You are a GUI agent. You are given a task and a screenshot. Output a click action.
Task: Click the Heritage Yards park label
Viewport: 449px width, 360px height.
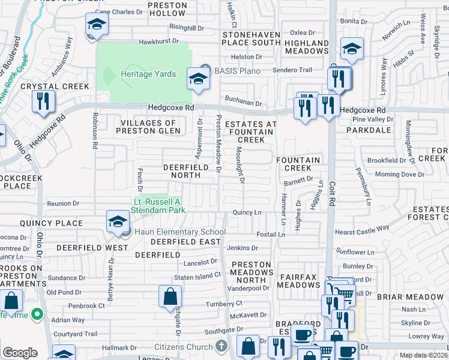pos(148,74)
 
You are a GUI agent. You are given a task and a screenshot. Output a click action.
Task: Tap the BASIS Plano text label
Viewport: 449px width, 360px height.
pos(238,71)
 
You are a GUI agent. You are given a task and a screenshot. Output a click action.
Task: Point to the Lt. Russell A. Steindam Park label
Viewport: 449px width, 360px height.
pos(158,206)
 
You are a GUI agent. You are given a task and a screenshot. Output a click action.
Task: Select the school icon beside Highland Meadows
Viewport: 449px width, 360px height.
pos(352,49)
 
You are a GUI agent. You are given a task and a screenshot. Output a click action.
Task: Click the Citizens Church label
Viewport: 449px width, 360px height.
pos(184,347)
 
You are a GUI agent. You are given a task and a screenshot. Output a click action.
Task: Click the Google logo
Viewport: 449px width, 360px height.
pos(20,352)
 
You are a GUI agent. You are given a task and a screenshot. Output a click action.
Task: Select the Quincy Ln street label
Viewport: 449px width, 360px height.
pos(247,212)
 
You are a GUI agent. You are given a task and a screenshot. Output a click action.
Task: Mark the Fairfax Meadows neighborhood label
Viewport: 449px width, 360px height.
pos(302,280)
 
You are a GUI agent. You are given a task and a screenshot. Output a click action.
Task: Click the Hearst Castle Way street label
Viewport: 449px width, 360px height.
pos(363,230)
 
